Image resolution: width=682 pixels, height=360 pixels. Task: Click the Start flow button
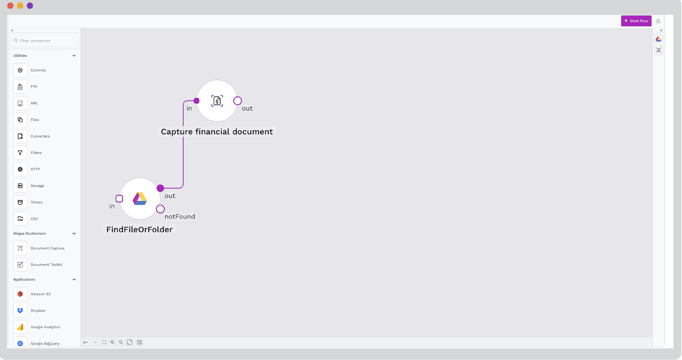pos(636,21)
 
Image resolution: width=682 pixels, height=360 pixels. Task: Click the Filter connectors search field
pos(45,41)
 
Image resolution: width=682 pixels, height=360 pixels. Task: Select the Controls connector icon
pos(20,70)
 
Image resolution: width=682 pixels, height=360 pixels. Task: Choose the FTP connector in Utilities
pos(20,87)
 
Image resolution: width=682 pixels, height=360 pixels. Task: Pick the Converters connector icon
pos(20,136)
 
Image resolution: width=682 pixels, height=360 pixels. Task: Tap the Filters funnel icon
pos(20,153)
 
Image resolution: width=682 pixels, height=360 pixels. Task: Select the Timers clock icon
pos(20,202)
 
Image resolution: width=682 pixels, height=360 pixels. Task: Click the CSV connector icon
pos(20,219)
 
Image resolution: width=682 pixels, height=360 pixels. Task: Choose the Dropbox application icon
pos(20,310)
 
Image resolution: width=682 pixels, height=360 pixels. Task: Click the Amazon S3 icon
pos(20,294)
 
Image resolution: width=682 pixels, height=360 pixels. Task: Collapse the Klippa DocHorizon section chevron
pos(74,233)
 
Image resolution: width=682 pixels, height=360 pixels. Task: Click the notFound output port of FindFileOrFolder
pos(160,209)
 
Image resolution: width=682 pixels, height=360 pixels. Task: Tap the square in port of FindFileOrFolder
pos(119,199)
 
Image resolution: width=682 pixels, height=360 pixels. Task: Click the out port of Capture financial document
pos(237,101)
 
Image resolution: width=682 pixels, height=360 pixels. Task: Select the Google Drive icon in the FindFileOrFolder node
pos(140,198)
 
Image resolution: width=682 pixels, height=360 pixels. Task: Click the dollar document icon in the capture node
pos(217,101)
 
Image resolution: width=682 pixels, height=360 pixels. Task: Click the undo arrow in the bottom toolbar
pos(86,342)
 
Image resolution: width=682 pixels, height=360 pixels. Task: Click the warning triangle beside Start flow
pos(658,21)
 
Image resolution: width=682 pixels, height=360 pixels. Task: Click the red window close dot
pos(10,6)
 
